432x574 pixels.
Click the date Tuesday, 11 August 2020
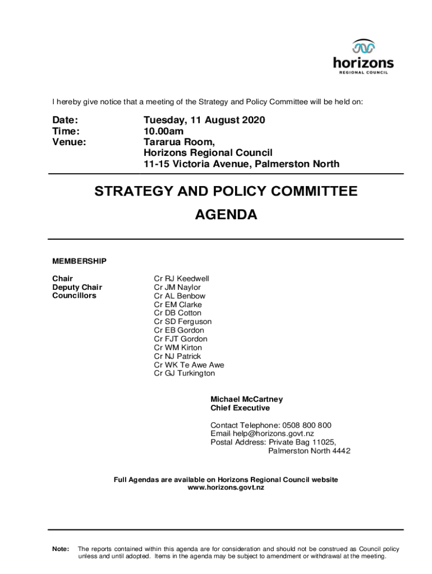pyautogui.click(x=204, y=120)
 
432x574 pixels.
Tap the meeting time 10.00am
pyautogui.click(x=163, y=131)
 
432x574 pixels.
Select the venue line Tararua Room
pyautogui.click(x=179, y=142)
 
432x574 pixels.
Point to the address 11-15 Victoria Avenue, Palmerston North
pyautogui.click(x=241, y=164)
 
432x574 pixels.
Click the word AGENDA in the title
pyautogui.click(x=226, y=215)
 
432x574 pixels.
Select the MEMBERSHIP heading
pyautogui.click(x=79, y=261)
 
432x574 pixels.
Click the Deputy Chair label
pyautogui.click(x=77, y=288)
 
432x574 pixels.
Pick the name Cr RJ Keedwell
pyautogui.click(x=181, y=279)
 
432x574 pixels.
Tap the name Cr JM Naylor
pyautogui.click(x=177, y=288)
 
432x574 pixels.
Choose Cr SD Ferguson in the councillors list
pyautogui.click(x=183, y=322)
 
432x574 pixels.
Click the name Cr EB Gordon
pyautogui.click(x=179, y=330)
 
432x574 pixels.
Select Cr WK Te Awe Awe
pyautogui.click(x=189, y=365)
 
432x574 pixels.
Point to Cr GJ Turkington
pyautogui.click(x=185, y=373)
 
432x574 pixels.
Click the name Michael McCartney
pyautogui.click(x=246, y=399)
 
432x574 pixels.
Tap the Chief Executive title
pyautogui.click(x=240, y=408)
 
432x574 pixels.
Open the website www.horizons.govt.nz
pyautogui.click(x=226, y=488)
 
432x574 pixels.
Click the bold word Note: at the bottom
pyautogui.click(x=61, y=549)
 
